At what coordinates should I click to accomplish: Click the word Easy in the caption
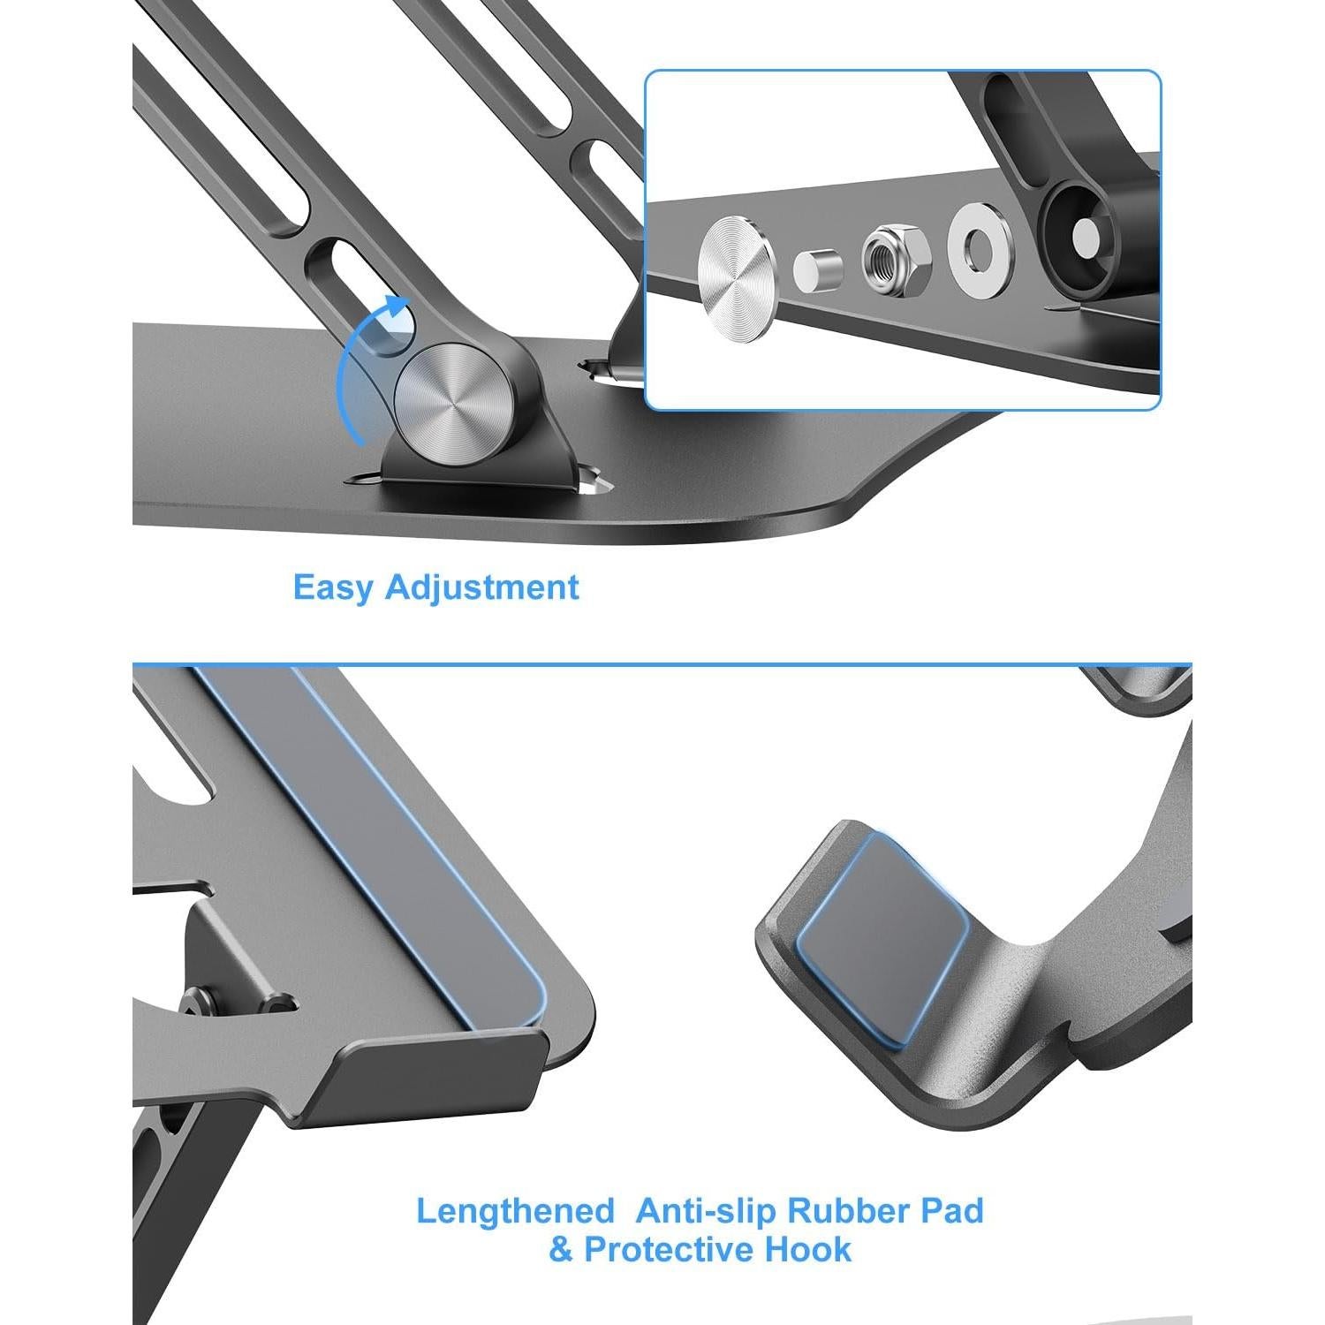click(x=334, y=588)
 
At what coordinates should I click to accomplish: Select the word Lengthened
click(x=515, y=1210)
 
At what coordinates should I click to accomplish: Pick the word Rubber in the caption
click(x=848, y=1210)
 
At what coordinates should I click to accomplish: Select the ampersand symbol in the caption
click(x=561, y=1250)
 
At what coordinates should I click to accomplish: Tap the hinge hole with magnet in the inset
click(x=1087, y=233)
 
